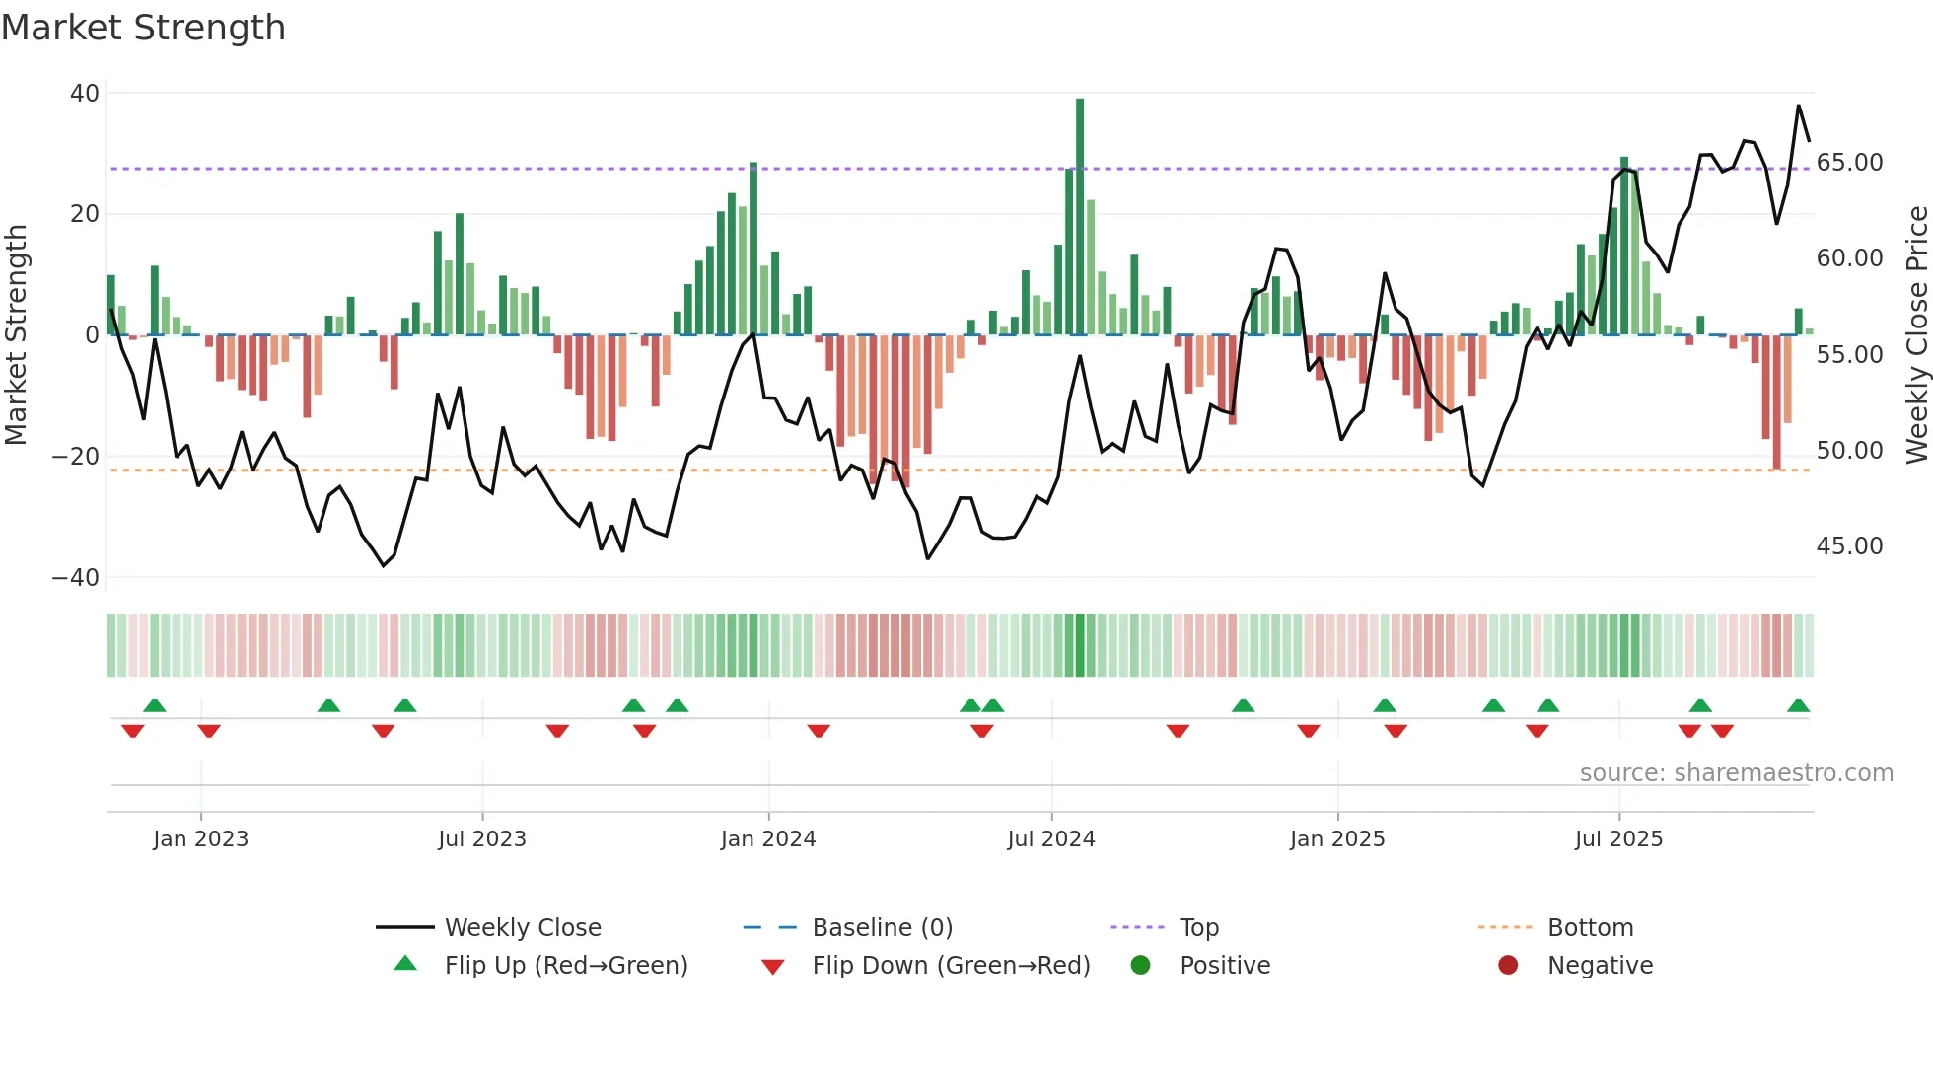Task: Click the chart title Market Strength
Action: tap(143, 28)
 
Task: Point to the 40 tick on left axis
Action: tap(85, 94)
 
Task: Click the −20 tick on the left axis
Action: tap(76, 457)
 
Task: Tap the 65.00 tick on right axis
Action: tap(1849, 163)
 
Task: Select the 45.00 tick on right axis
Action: tap(1849, 546)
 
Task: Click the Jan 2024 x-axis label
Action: tap(768, 839)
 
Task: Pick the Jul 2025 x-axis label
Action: tap(1618, 839)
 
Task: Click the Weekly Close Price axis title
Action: tap(1916, 335)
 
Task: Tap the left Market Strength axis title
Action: tap(16, 335)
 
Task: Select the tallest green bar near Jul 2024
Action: tap(1080, 217)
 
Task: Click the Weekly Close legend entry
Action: tap(523, 928)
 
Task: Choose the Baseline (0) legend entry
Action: tap(882, 928)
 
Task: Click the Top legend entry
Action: tap(1199, 928)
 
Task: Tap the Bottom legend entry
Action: tap(1590, 928)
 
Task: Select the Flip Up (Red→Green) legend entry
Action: tap(565, 966)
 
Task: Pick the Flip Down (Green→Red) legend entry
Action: tap(951, 966)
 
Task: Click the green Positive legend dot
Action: tap(1141, 966)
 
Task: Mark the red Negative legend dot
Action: tap(1508, 966)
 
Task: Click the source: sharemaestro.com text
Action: tap(1736, 773)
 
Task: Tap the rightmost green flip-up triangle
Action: tap(1798, 706)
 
